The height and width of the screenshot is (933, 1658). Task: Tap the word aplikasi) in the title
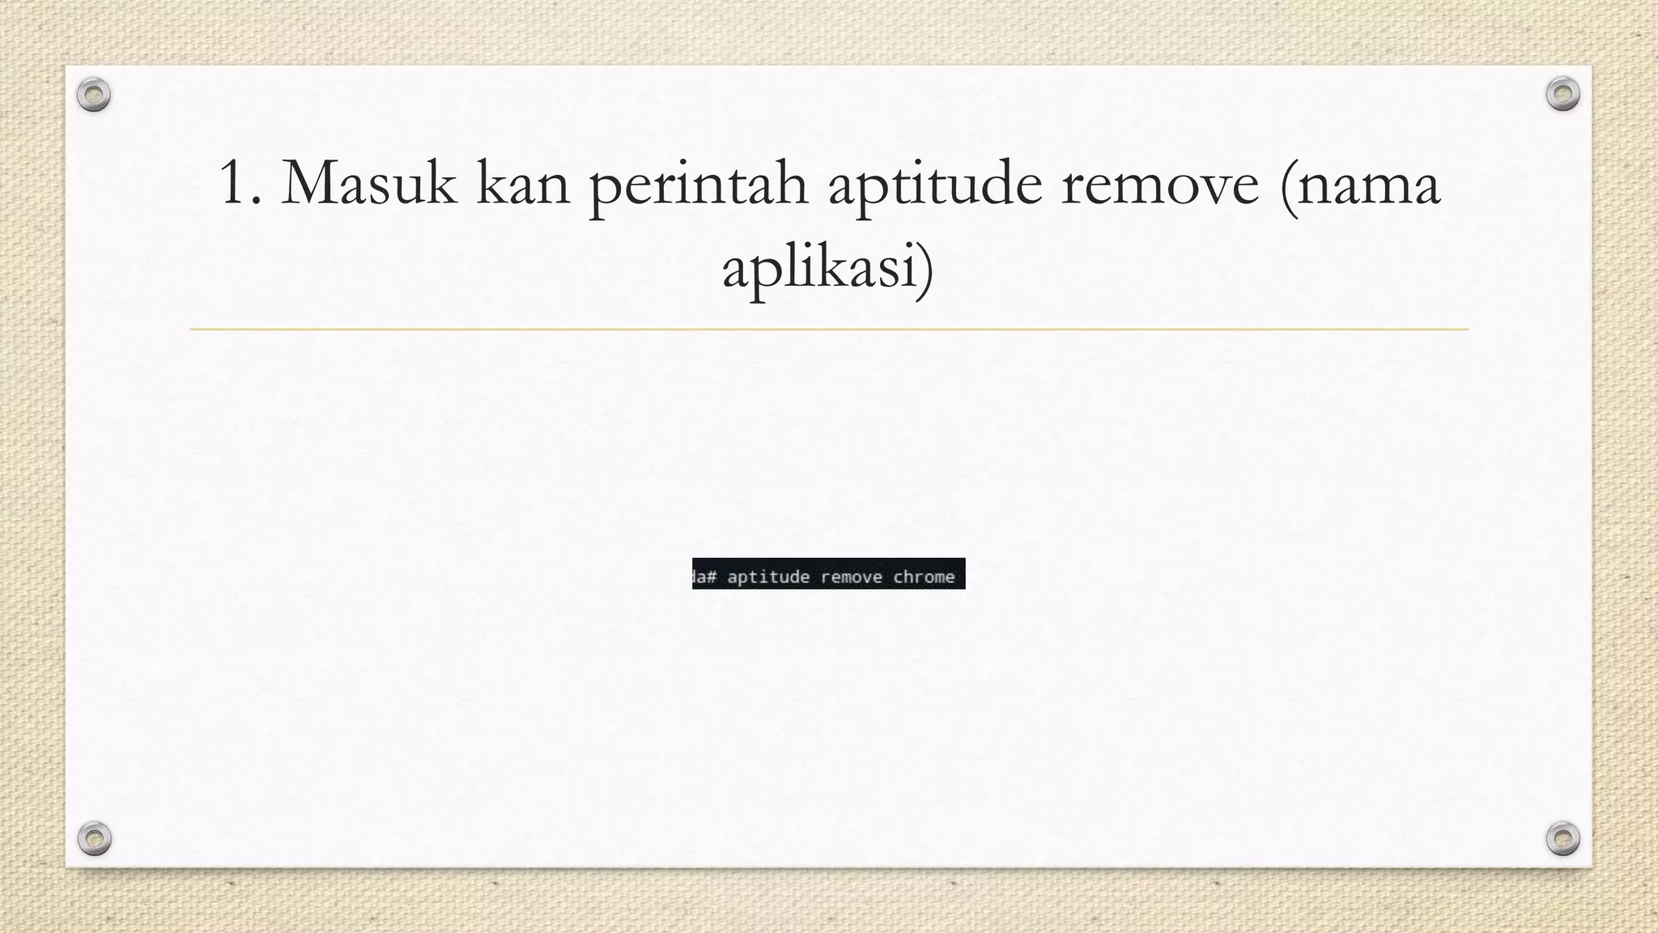click(828, 269)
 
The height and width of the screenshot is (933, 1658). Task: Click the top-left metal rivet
click(94, 95)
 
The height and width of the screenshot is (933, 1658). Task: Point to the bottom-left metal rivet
click(94, 838)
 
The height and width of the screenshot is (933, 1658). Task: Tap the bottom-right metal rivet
click(1562, 838)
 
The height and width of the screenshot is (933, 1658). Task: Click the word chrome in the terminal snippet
click(924, 577)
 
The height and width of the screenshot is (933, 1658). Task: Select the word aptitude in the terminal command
click(768, 577)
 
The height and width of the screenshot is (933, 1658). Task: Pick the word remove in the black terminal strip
click(851, 577)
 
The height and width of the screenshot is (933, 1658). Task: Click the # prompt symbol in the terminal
click(712, 577)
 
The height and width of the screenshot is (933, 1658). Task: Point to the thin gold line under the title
click(829, 330)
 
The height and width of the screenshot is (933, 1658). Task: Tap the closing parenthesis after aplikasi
click(926, 269)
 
